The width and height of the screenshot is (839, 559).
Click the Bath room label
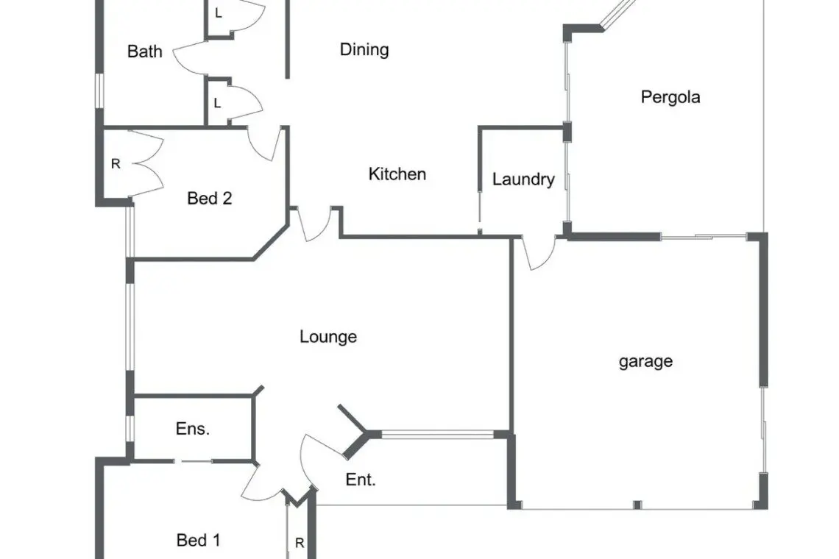(x=145, y=51)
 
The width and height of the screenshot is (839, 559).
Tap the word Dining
(x=364, y=50)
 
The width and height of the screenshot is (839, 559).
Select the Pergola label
(x=670, y=97)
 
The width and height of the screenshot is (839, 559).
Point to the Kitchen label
(x=397, y=174)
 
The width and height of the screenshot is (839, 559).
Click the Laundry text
(x=523, y=179)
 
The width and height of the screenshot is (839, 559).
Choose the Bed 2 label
(x=210, y=198)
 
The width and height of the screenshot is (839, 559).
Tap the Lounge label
(x=328, y=337)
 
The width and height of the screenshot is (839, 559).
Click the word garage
(x=645, y=361)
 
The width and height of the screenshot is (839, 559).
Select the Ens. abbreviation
(x=193, y=430)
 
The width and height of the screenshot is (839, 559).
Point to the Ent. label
(x=361, y=480)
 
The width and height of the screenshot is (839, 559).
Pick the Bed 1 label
(x=199, y=541)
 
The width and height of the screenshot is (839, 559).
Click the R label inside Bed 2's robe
(x=116, y=164)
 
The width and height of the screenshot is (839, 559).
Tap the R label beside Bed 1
(x=300, y=544)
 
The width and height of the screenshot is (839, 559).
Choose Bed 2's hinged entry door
(x=265, y=143)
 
